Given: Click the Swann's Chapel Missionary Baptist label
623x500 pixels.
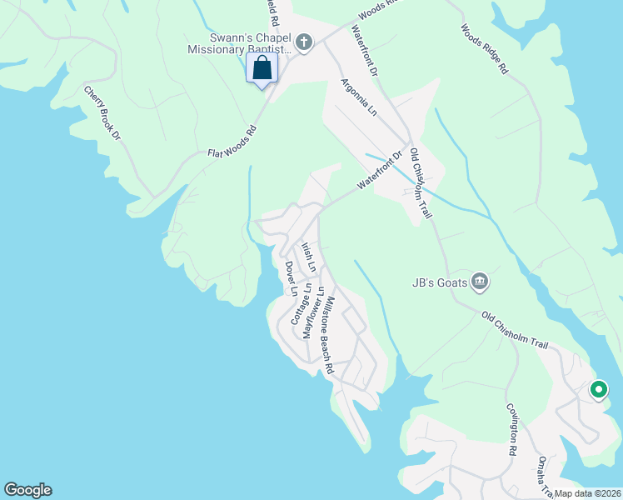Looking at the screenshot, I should click(x=251, y=42).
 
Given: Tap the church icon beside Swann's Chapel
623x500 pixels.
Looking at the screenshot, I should click(x=305, y=42).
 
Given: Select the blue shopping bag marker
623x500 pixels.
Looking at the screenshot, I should click(x=262, y=69).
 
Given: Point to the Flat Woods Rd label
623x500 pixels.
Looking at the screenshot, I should click(x=232, y=142).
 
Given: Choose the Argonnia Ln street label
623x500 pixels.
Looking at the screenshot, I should click(x=359, y=97).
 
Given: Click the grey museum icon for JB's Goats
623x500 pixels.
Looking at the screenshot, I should click(x=479, y=282).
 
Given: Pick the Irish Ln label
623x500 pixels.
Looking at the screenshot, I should click(x=308, y=257).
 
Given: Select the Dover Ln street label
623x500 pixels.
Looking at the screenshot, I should click(x=291, y=278).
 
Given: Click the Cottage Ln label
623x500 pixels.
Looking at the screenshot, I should click(x=301, y=303).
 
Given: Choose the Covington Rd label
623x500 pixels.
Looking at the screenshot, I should click(x=513, y=430).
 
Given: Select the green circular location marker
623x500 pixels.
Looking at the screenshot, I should click(x=598, y=389).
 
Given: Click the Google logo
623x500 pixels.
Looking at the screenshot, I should click(x=27, y=490).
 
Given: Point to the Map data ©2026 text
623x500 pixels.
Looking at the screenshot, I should click(x=586, y=493).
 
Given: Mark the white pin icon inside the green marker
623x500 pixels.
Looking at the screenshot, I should click(x=598, y=389).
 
